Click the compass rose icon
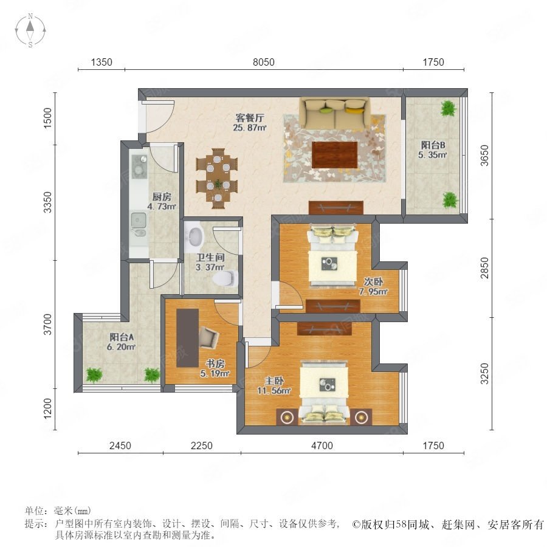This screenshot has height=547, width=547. click(x=30, y=30)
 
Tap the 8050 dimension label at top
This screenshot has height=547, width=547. click(x=263, y=62)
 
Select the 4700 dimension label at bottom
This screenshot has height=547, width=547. click(x=322, y=446)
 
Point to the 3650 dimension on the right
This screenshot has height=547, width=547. click(x=484, y=156)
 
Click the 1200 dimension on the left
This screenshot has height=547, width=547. click(x=47, y=408)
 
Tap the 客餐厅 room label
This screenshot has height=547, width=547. click(x=249, y=117)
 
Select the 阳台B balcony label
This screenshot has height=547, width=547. click(x=433, y=145)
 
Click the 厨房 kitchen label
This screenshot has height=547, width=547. click(x=162, y=197)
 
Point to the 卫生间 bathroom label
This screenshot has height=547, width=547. click(x=210, y=258)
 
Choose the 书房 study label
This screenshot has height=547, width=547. click(x=215, y=363)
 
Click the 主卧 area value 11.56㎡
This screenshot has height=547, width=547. click(x=274, y=391)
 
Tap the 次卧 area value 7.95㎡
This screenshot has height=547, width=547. click(x=373, y=291)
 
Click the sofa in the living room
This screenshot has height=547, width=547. click(x=335, y=113)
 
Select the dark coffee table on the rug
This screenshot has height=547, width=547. click(x=335, y=154)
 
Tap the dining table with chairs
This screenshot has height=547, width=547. click(x=217, y=178)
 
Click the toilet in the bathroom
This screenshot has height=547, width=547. click(x=225, y=278)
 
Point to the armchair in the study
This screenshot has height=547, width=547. click(x=209, y=337)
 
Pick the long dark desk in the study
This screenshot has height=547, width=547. click(x=187, y=338)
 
